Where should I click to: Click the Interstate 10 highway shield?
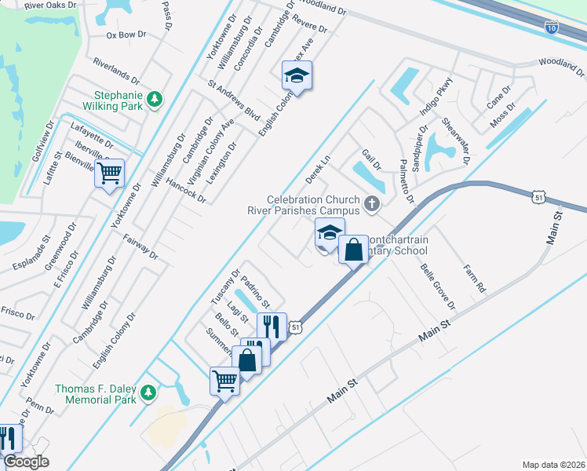[552, 27]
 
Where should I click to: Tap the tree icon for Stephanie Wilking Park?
[155, 98]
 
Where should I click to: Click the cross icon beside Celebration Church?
[372, 206]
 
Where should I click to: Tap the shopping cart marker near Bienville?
[110, 172]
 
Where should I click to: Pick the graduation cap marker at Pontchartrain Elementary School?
[330, 233]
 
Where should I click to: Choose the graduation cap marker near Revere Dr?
[297, 75]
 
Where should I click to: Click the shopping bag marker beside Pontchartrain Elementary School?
[353, 250]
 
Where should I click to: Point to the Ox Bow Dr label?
[126, 35]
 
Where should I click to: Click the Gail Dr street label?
[371, 160]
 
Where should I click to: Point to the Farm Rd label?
[475, 279]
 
